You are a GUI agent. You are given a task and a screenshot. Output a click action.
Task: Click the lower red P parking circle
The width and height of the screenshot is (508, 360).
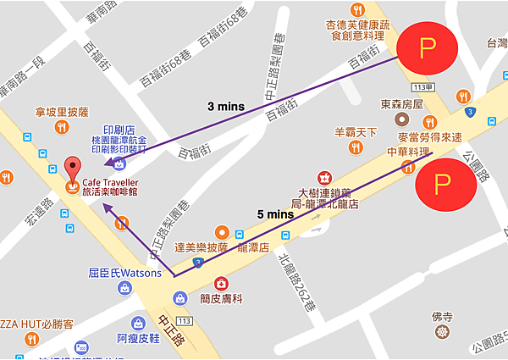[x=442, y=183]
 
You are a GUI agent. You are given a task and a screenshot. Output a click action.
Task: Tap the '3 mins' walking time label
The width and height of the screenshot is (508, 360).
[x=227, y=107]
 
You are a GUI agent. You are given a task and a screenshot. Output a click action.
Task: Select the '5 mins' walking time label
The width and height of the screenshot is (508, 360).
[x=275, y=214]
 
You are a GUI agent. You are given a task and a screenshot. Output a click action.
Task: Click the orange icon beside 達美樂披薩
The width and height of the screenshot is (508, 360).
[x=222, y=231]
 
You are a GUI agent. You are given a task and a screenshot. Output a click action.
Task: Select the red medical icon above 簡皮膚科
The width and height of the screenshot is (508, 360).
[x=222, y=282]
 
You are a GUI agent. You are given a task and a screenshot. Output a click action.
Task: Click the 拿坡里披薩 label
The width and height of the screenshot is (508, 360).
[x=62, y=111]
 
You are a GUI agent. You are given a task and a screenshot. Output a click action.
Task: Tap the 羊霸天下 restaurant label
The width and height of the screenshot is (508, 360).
[x=356, y=132]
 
